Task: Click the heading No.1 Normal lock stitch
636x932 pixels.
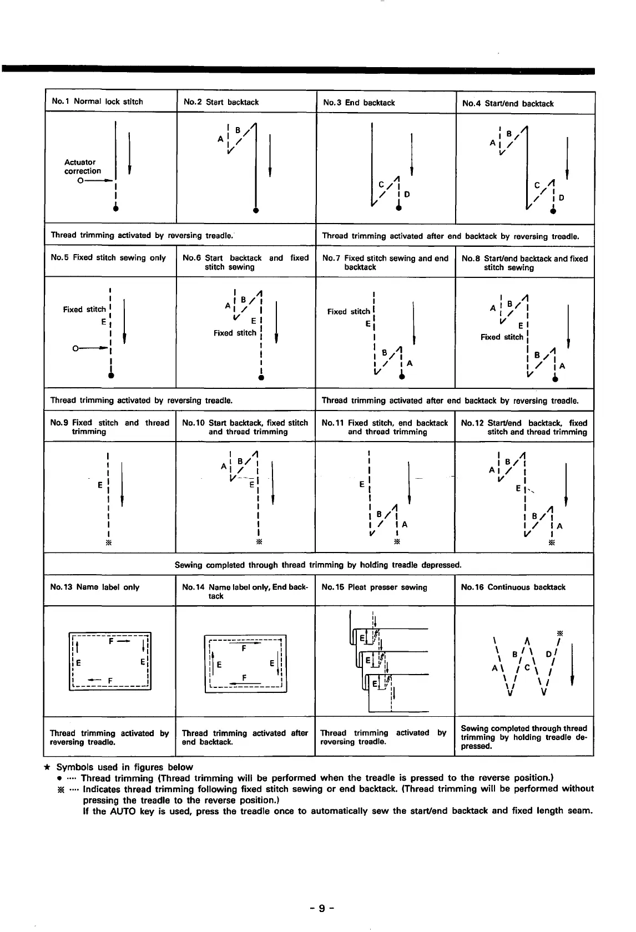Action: tap(97, 102)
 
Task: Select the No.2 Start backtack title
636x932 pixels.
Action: tap(221, 102)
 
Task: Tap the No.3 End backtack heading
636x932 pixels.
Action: tap(359, 103)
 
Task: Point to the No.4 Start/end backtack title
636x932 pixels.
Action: tap(508, 104)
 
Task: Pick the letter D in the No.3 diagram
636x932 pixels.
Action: tap(407, 195)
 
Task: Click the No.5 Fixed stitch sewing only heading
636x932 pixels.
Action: tap(108, 258)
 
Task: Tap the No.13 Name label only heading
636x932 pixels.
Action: tap(94, 587)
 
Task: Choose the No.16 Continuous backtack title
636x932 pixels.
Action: tap(513, 587)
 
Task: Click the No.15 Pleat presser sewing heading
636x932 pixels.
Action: tap(374, 587)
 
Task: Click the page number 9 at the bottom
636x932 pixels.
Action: tap(321, 908)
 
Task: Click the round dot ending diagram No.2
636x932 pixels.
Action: tap(256, 211)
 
